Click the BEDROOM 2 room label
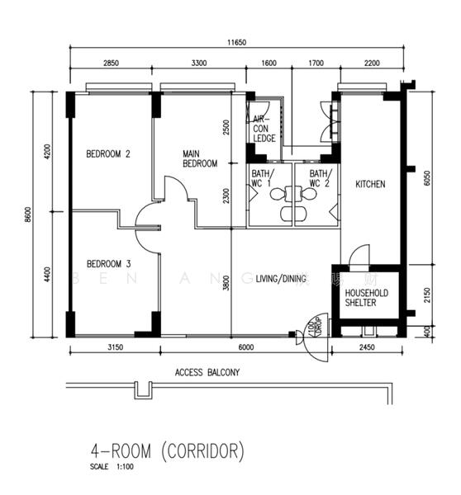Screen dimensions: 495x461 tap(109, 153)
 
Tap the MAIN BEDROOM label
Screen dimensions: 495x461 tap(200, 158)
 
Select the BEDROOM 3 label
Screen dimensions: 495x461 tap(109, 264)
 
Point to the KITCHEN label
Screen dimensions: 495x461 tap(370, 185)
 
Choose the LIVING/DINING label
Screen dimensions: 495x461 tap(281, 278)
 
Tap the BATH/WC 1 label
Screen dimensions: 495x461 tap(261, 178)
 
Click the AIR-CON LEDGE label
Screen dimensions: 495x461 tap(264, 129)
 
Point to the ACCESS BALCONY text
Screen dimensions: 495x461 tap(207, 373)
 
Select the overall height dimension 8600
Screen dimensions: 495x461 tap(27, 214)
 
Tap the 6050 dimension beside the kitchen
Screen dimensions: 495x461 tap(426, 179)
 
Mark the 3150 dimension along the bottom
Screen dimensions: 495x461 tap(115, 348)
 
